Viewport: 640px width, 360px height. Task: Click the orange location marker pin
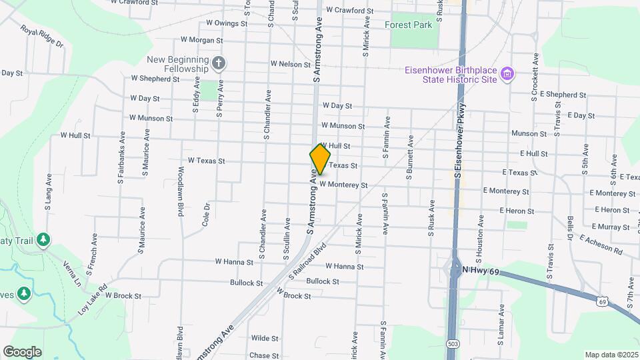[x=320, y=159]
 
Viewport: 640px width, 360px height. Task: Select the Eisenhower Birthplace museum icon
[x=507, y=73]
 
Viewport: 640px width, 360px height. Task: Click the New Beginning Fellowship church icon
[x=219, y=64]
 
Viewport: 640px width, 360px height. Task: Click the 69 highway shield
[x=602, y=302]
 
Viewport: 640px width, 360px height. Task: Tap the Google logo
[x=22, y=351]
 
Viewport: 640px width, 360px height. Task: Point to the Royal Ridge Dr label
[x=41, y=37]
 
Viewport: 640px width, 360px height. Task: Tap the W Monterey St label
[x=343, y=185]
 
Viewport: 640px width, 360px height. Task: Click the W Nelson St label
[x=291, y=64]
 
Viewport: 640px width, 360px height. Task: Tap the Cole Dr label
[x=206, y=215]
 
